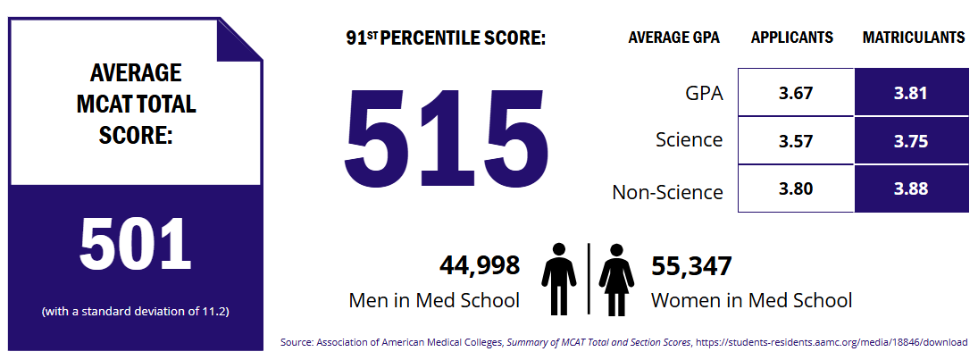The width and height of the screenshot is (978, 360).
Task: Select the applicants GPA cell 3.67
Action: click(x=796, y=92)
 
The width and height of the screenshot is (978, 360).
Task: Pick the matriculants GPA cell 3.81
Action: click(x=911, y=92)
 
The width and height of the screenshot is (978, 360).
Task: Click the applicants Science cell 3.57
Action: click(x=796, y=140)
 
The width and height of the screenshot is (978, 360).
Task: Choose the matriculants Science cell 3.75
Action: click(x=911, y=140)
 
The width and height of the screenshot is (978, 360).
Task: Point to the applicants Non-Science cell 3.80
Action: click(x=796, y=188)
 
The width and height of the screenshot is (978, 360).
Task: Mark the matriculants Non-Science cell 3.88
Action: click(x=911, y=188)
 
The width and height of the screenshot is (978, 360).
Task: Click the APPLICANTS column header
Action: click(x=792, y=38)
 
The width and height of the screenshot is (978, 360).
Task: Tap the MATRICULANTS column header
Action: click(x=913, y=38)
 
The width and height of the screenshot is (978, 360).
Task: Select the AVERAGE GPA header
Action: click(x=673, y=38)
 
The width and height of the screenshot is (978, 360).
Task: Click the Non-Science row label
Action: click(x=667, y=192)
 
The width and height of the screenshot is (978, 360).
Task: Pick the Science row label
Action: click(x=689, y=140)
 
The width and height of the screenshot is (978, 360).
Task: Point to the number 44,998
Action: click(x=480, y=265)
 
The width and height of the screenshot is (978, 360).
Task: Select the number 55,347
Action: click(x=691, y=265)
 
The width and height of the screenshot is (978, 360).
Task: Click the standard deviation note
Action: click(x=136, y=312)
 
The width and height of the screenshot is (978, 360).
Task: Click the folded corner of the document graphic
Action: click(x=238, y=39)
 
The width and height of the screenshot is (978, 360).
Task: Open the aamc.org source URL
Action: click(x=832, y=342)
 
